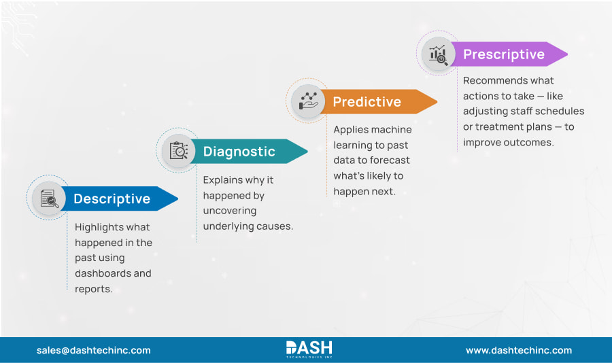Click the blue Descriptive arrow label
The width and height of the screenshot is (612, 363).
(112, 198)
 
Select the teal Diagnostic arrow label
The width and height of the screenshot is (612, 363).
(239, 151)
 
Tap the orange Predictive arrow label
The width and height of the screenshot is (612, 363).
(367, 102)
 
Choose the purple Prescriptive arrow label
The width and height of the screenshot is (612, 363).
(503, 54)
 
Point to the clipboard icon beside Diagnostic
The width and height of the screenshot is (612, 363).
(178, 151)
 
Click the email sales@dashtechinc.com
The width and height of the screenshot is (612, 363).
(93, 350)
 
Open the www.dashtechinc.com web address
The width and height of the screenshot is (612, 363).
(518, 350)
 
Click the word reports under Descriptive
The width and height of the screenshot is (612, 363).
(92, 289)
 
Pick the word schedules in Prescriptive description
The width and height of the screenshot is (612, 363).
(560, 111)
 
